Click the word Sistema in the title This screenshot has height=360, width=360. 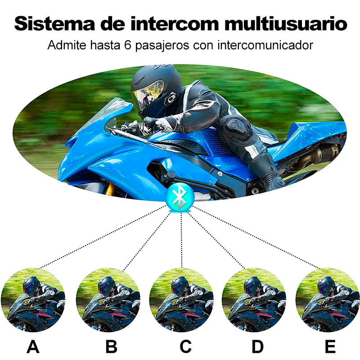pos(54,23)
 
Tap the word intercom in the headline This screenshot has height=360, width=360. pos(175,23)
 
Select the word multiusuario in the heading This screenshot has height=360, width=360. pos(286,23)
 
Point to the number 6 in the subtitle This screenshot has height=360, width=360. pos(128,45)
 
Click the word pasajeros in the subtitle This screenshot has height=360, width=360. pos(162,45)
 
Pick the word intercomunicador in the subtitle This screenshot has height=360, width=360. pos(265,45)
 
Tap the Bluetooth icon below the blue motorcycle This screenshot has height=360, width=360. pos(180,198)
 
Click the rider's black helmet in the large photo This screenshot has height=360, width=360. pos(156,90)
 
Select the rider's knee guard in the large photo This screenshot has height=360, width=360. pos(233,126)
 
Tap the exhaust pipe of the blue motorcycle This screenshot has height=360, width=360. pos(315,156)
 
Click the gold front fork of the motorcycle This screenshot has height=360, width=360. pos(111,188)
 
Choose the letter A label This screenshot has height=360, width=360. pos(33,346)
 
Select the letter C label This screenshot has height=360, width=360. pos(185,346)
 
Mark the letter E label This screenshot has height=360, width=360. pos(330,346)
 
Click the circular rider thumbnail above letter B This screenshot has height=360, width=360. pos(108,300)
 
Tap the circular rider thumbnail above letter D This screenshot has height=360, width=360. pos(254,300)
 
